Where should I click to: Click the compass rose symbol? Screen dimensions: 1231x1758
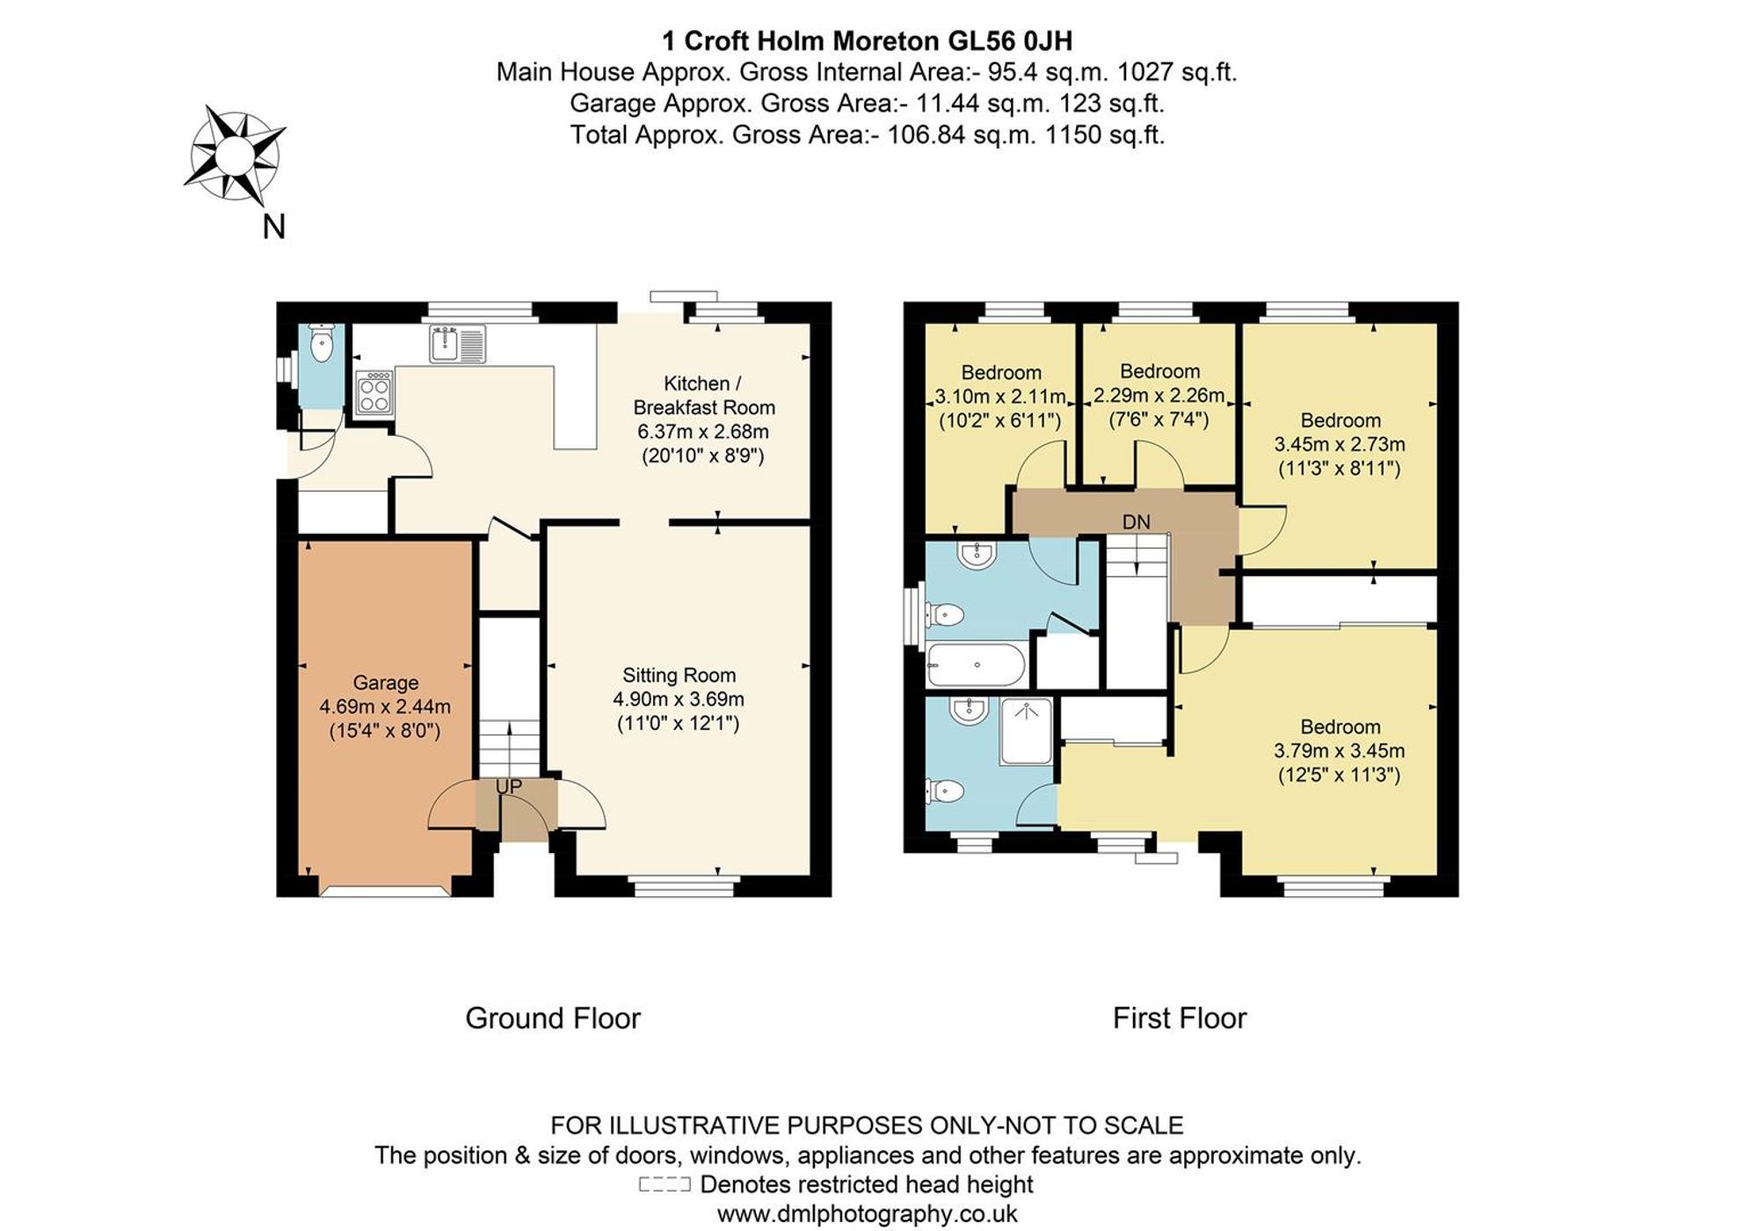click(x=235, y=155)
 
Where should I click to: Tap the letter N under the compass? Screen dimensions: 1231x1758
click(x=274, y=227)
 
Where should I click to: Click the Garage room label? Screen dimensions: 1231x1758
click(x=386, y=682)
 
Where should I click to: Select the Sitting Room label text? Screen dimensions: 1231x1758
click(x=679, y=675)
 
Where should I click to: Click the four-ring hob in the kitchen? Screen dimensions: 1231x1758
click(x=374, y=392)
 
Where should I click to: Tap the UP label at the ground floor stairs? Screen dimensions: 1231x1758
click(x=509, y=787)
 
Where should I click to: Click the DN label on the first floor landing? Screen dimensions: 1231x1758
click(x=1136, y=521)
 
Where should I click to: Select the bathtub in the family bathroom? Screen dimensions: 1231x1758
click(x=976, y=666)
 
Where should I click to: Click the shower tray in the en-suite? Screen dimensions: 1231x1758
click(x=1027, y=731)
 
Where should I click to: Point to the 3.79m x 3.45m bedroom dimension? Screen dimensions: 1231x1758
click(x=1339, y=751)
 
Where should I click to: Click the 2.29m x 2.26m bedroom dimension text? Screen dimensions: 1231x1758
click(x=1159, y=396)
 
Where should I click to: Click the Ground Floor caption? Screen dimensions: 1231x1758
click(x=552, y=1018)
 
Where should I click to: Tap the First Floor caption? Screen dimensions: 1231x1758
click(x=1179, y=1018)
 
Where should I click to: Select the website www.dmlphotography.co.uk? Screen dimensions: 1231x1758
click(x=867, y=1214)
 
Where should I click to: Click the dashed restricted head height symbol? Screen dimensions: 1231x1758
click(x=665, y=1184)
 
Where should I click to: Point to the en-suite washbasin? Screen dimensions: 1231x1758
click(x=969, y=710)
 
